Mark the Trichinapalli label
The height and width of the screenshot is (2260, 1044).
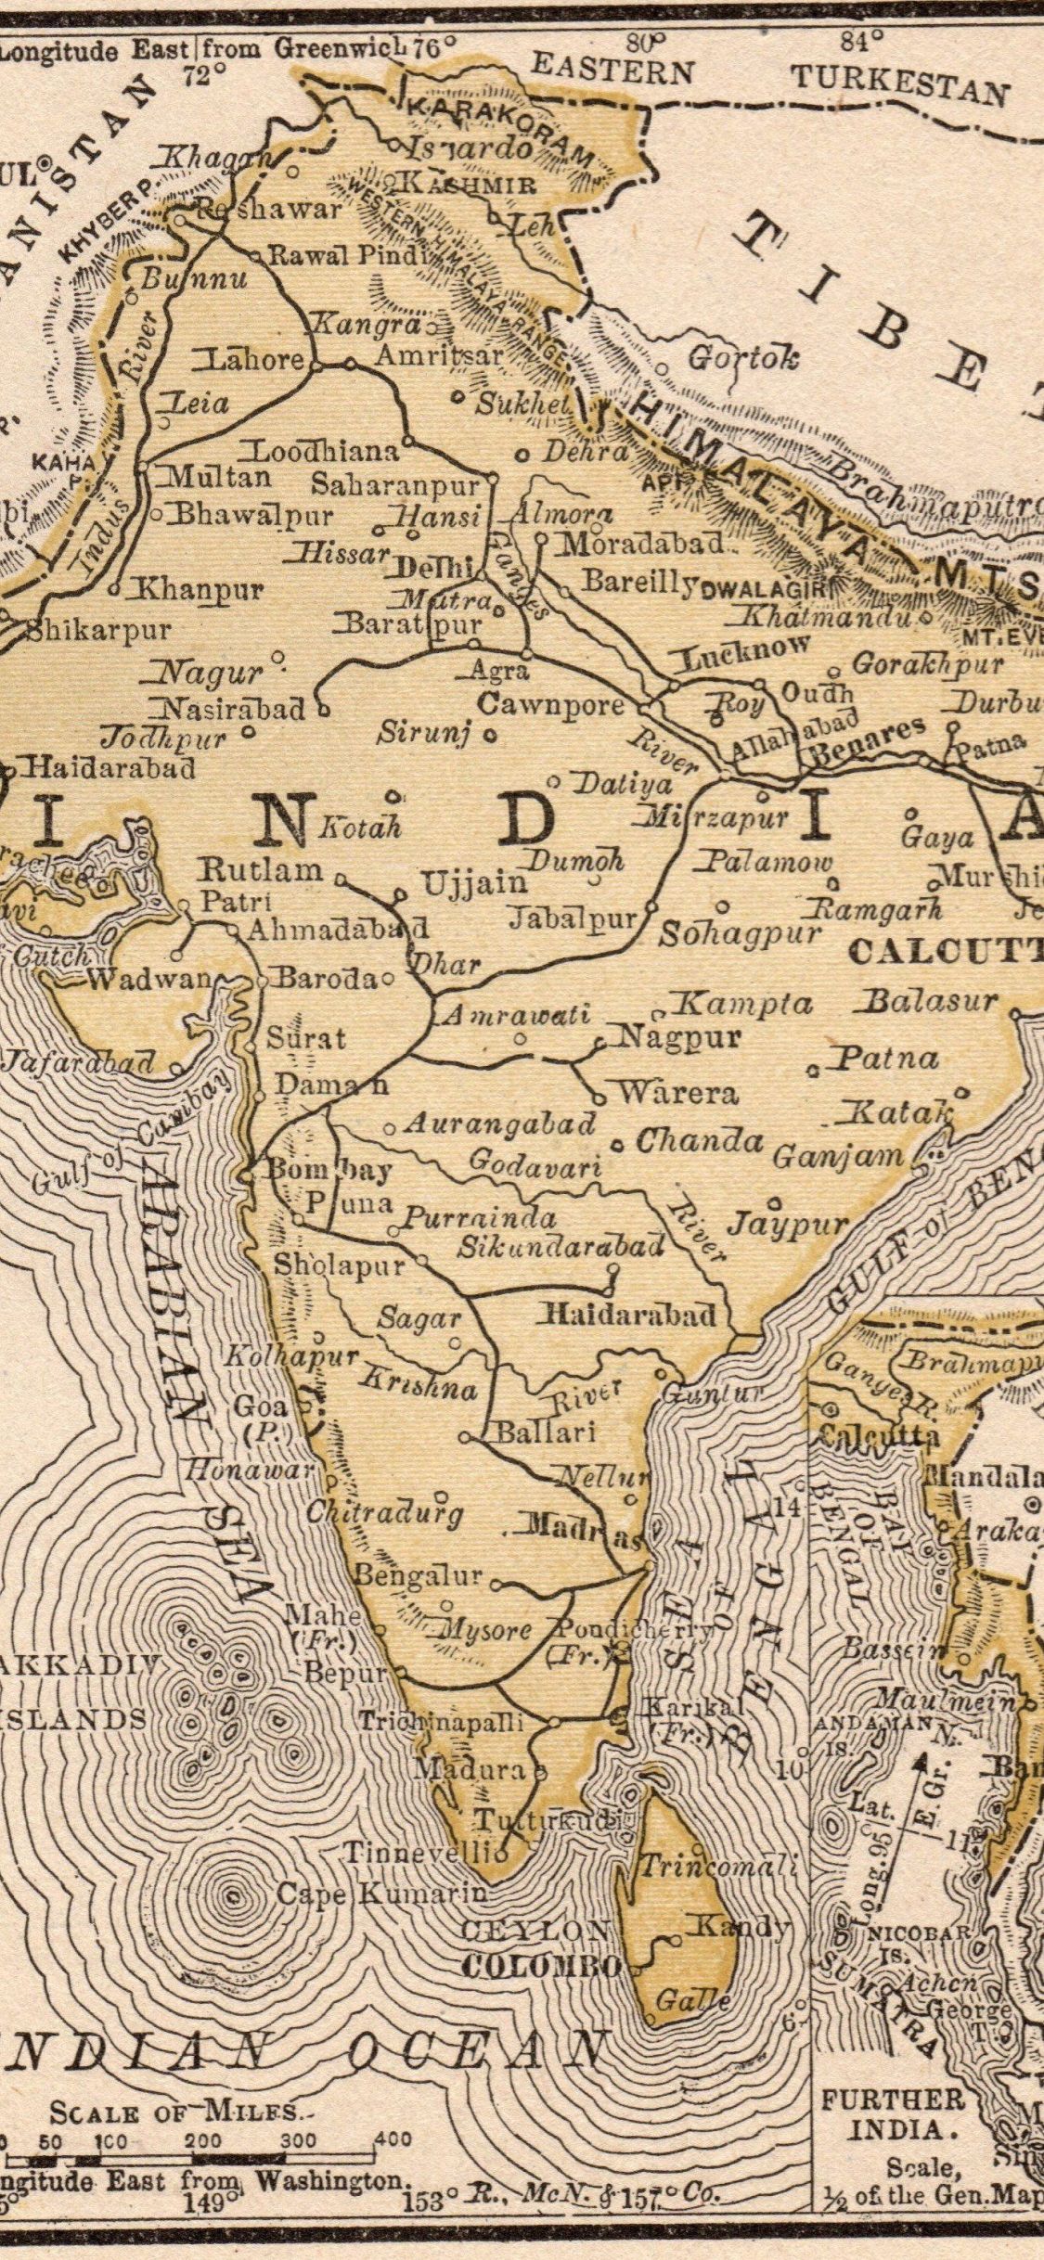click(442, 1722)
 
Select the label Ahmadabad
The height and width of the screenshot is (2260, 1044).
click(338, 929)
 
